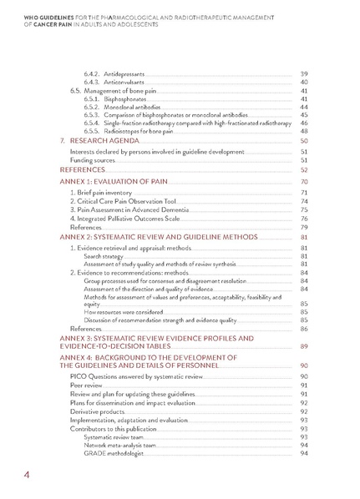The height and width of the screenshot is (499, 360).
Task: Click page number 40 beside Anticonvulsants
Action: (303, 82)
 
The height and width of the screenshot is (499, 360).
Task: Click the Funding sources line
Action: (94, 160)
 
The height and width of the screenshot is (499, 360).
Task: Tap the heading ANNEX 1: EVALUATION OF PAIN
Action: (118, 181)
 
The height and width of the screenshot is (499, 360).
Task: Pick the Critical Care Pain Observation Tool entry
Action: (127, 201)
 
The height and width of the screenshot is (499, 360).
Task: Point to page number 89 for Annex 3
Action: (303, 345)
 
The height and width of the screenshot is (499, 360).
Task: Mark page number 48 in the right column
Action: (303, 131)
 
